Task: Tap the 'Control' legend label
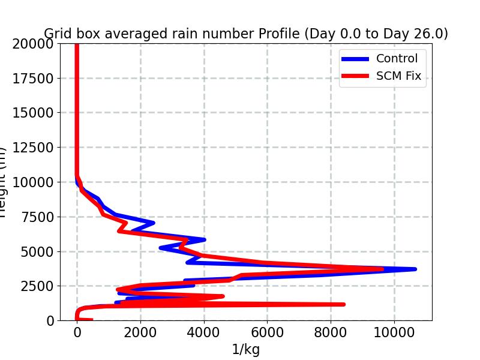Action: [x=397, y=58]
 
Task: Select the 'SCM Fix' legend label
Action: [x=398, y=76]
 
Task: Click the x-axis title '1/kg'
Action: [x=245, y=350]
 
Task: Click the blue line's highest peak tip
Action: [x=415, y=269]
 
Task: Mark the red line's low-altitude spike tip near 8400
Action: [x=344, y=304]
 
